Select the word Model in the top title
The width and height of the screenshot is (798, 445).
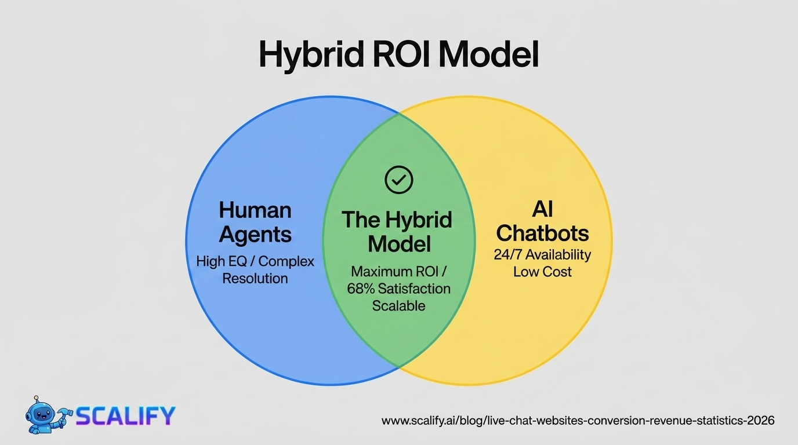[x=488, y=56]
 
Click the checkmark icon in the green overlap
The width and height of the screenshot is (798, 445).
[x=399, y=180]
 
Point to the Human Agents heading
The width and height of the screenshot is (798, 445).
[x=255, y=222]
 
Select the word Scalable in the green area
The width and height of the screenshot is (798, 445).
[x=399, y=305]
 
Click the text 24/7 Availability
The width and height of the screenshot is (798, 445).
[x=542, y=254]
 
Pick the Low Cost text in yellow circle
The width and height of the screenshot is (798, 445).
[x=542, y=271]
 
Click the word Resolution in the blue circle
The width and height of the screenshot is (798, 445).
[x=255, y=278]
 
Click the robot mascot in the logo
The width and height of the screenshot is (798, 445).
[x=46, y=415]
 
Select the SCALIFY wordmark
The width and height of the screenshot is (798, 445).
[x=125, y=415]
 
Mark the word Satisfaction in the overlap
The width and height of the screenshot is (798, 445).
[x=413, y=288]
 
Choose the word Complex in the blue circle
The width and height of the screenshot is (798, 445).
[x=286, y=261]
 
